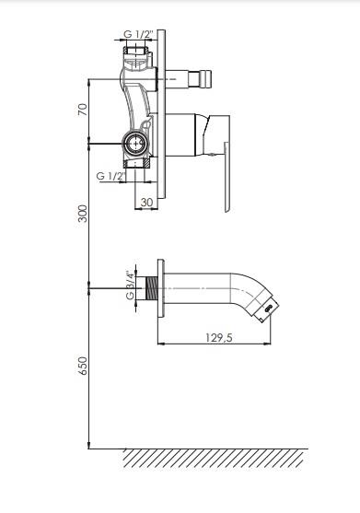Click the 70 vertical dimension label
click(83, 110)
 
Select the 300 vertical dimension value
click(83, 214)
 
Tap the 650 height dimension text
click(83, 366)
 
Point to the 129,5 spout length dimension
click(219, 337)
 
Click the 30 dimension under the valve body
click(146, 203)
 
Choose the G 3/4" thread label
click(131, 285)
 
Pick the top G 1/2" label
click(139, 34)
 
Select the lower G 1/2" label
click(111, 176)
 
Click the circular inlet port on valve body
click(135, 144)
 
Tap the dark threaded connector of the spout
click(152, 288)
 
